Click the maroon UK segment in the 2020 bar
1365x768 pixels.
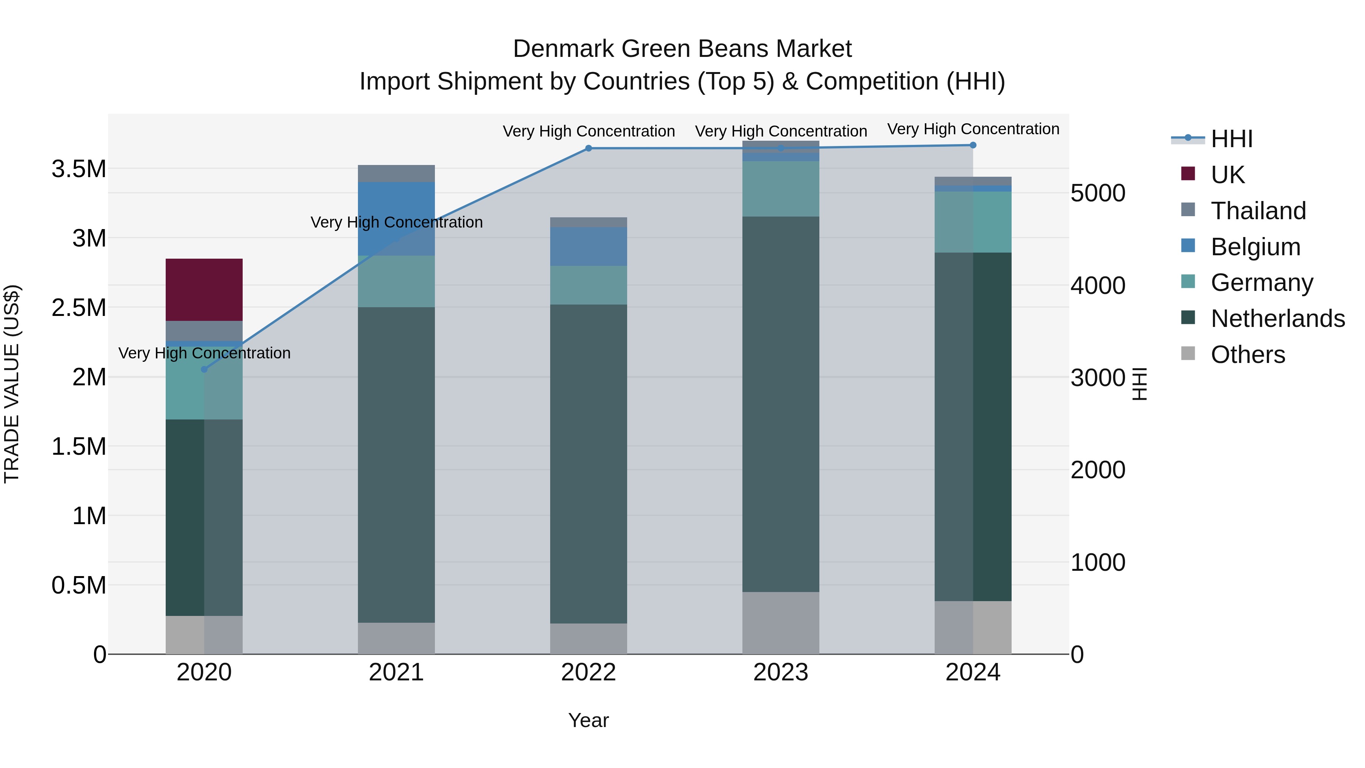[x=204, y=289]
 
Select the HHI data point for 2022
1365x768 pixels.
[x=588, y=148]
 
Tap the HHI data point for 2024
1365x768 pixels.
[x=973, y=145]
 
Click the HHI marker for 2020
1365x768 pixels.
[x=204, y=369]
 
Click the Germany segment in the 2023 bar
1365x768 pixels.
[x=781, y=189]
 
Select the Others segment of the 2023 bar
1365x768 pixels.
[x=781, y=623]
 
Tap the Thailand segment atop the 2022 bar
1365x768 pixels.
[x=588, y=222]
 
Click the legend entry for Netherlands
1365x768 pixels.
[x=1277, y=319]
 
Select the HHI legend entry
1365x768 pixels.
[x=1231, y=139]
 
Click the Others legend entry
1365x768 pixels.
[x=1247, y=355]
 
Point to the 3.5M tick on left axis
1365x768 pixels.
[x=78, y=169]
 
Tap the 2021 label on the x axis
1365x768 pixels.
[x=396, y=672]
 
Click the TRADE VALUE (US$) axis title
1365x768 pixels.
[x=12, y=384]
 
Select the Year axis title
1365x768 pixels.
[x=588, y=720]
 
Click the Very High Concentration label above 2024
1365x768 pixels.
[x=973, y=129]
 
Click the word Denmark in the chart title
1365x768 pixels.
[x=562, y=49]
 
